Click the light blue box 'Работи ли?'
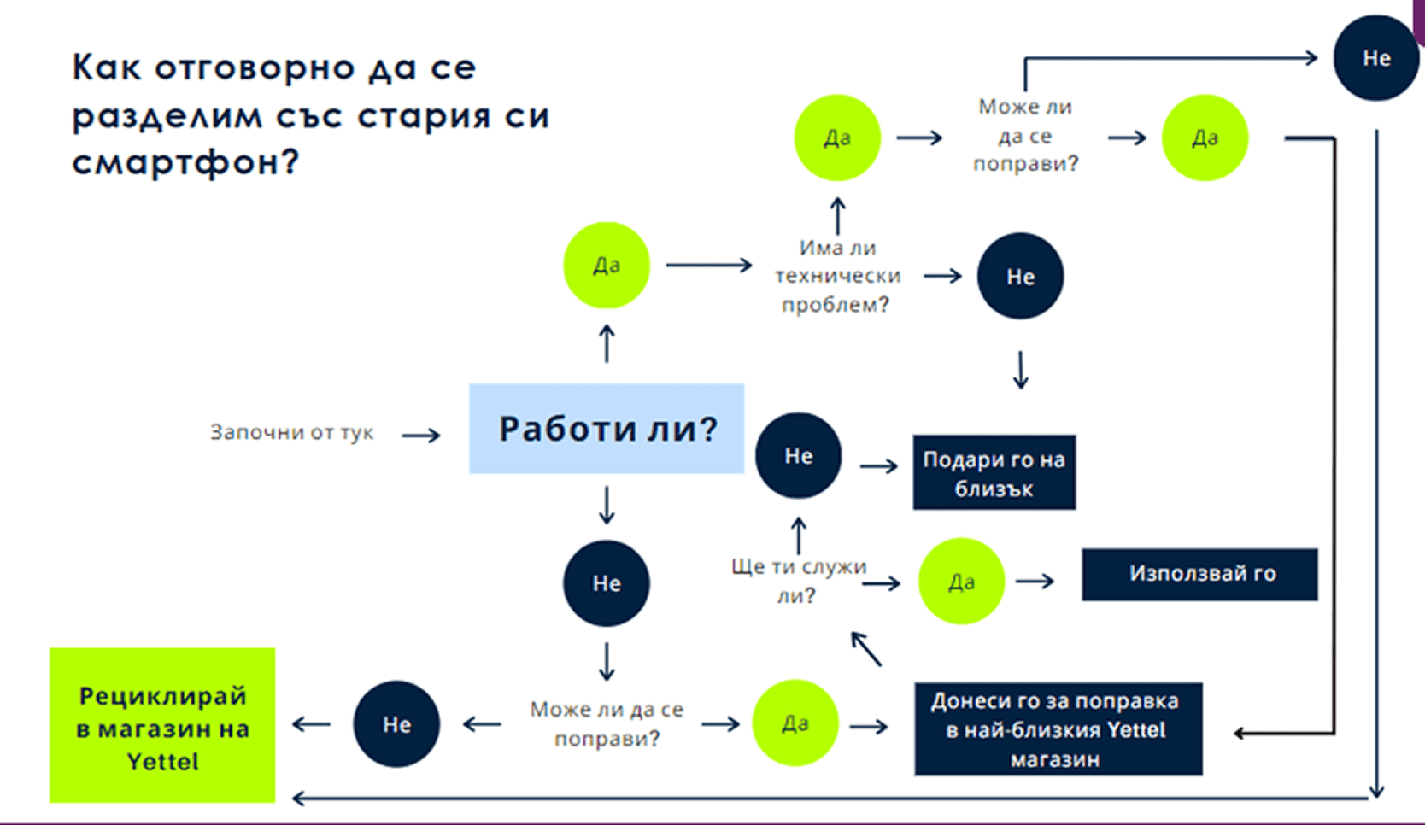[607, 429]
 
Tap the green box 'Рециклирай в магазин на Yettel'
[162, 726]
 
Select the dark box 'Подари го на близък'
[994, 473]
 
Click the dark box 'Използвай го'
[1199, 574]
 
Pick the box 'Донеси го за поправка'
[1058, 728]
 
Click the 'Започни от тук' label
[292, 433]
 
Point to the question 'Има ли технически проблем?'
[836, 276]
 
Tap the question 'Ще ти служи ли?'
[798, 581]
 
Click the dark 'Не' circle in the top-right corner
[1375, 58]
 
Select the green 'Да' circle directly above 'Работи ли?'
[607, 266]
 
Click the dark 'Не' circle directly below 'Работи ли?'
[607, 583]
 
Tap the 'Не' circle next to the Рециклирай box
[396, 724]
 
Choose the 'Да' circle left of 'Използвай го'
[961, 582]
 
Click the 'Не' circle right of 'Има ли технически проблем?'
[1020, 277]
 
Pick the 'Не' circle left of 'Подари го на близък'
[798, 456]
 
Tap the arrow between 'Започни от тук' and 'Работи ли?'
[421, 436]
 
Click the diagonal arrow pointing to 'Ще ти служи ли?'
[866, 649]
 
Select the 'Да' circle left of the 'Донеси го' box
[795, 723]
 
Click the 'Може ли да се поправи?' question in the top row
[1025, 135]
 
